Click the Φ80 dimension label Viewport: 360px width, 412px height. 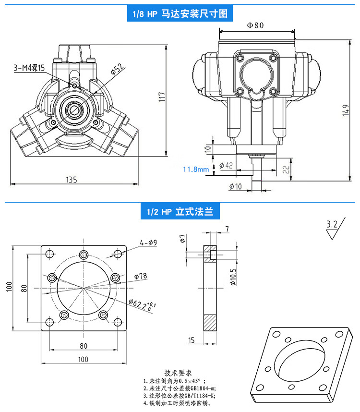(x=255, y=25)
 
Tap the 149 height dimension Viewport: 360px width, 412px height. (x=346, y=110)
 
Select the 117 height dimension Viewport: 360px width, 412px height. (x=162, y=97)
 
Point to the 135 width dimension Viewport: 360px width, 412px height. (x=72, y=180)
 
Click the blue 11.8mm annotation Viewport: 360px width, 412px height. (x=196, y=169)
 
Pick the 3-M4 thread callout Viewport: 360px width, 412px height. (x=29, y=68)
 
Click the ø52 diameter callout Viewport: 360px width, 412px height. (x=117, y=69)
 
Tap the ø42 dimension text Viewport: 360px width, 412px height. (x=226, y=166)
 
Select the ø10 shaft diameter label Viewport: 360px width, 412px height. (x=235, y=186)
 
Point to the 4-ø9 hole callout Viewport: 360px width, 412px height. (x=148, y=242)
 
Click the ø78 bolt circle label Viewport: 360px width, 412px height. (x=141, y=276)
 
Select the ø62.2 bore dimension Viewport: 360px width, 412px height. (x=142, y=305)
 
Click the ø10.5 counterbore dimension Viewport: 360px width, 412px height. (x=233, y=277)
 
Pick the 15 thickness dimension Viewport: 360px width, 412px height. (x=191, y=340)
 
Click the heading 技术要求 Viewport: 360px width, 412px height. (x=178, y=373)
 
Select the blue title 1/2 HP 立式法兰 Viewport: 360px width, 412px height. (x=180, y=211)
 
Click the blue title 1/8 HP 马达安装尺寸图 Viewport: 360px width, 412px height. (x=180, y=13)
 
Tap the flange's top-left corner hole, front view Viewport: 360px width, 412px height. (x=49, y=254)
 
